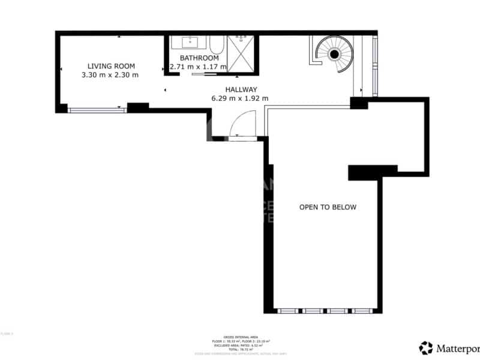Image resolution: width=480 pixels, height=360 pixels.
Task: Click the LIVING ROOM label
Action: click(111, 66)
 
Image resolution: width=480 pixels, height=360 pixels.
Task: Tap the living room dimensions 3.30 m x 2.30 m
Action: click(110, 75)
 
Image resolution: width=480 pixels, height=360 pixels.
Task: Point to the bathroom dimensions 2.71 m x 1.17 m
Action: click(198, 67)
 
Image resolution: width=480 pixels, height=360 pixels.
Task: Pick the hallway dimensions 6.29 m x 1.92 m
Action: click(239, 98)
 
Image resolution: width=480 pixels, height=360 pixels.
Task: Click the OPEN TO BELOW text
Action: click(328, 207)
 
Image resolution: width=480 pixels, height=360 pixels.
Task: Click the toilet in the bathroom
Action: click(216, 44)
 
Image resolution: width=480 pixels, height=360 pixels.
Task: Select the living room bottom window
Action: click(97, 110)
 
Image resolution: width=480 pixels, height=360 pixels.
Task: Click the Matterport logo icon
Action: click(426, 347)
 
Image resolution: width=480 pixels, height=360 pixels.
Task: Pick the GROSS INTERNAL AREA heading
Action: click(240, 337)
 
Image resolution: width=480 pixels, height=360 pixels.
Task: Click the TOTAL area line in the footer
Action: click(240, 349)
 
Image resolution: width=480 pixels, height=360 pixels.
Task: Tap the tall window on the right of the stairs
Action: click(375, 66)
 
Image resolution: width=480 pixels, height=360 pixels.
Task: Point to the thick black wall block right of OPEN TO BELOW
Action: click(372, 172)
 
